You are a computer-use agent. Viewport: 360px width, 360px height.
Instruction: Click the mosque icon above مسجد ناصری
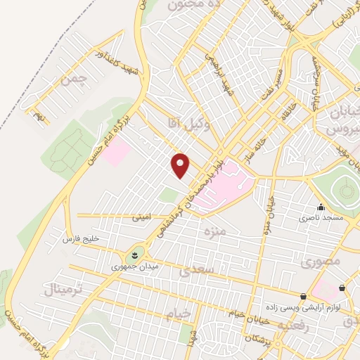(x=321, y=207)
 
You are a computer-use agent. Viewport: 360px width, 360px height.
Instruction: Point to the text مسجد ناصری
(x=322, y=219)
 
